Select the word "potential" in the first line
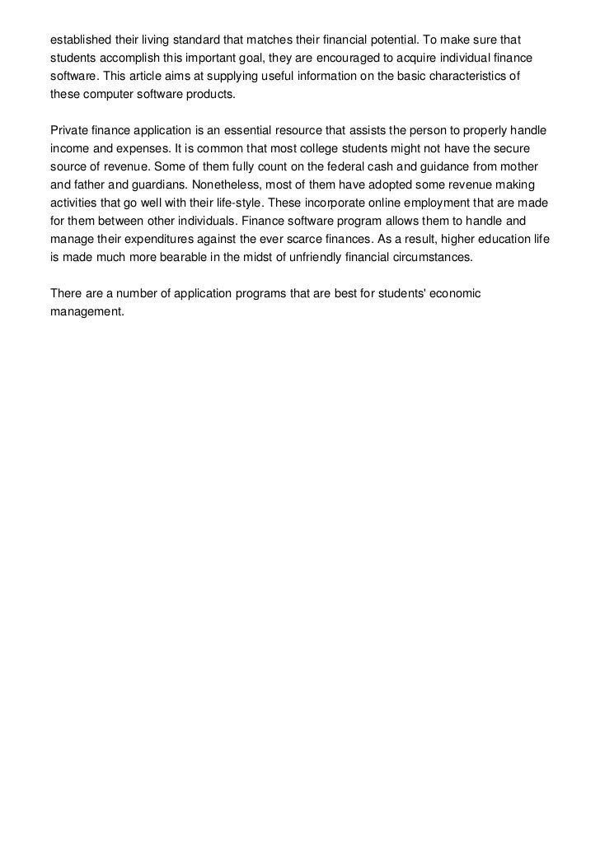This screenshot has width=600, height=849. tap(391, 40)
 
